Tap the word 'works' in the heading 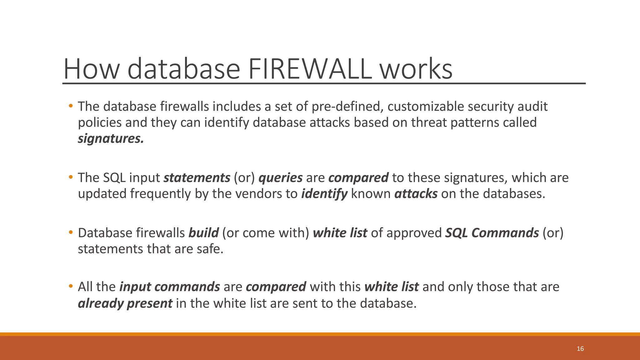(x=416, y=69)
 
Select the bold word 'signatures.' (x=111, y=139)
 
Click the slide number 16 (x=580, y=349)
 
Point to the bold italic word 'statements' (x=197, y=178)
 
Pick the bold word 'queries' (x=280, y=178)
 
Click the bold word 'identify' (x=324, y=194)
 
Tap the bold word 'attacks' (x=416, y=194)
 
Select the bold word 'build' (x=203, y=233)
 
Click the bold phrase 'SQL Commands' (x=492, y=233)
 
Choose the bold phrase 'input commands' (x=170, y=287)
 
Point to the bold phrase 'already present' (x=125, y=303)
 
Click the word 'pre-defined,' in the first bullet (x=347, y=107)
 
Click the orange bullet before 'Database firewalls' (x=71, y=232)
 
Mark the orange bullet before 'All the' (x=71, y=286)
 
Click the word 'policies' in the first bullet (x=100, y=122)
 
